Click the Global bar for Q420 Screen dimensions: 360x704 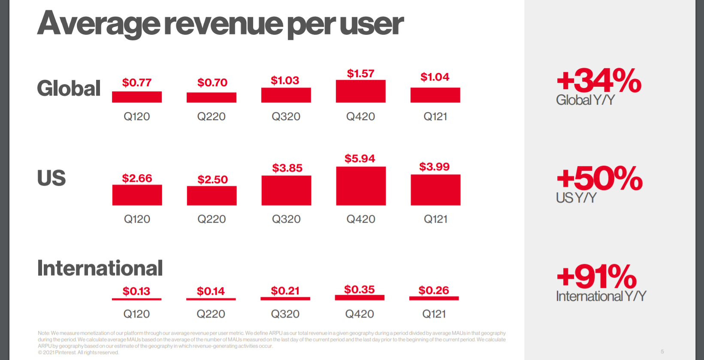(360, 91)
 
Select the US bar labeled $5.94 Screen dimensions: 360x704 (361, 186)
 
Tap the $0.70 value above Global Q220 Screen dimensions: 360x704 (212, 82)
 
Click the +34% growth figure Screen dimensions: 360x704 (598, 81)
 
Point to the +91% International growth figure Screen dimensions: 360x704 (596, 277)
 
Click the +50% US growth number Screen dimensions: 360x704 (599, 178)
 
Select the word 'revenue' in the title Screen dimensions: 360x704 (223, 24)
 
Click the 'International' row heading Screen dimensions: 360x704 (100, 268)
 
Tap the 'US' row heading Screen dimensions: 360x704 (51, 178)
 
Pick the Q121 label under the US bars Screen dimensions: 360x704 (435, 219)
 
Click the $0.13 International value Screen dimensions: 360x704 (136, 291)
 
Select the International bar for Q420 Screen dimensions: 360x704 (360, 297)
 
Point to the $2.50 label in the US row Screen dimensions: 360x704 (212, 179)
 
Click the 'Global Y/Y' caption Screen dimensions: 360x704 (585, 100)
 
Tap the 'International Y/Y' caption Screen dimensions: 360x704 (601, 296)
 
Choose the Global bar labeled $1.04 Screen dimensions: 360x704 (435, 95)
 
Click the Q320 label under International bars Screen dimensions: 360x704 (285, 314)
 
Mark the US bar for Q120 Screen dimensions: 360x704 (137, 195)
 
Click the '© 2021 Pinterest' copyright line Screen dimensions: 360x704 (78, 353)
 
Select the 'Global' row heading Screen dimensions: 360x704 (69, 88)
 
